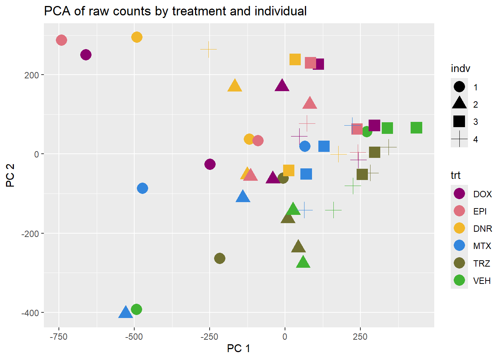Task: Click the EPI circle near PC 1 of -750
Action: point(61,40)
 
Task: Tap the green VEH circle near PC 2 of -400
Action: point(136,309)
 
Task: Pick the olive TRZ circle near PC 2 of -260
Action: point(220,258)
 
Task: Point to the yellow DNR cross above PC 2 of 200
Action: point(208,49)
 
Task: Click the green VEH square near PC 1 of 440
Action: point(416,128)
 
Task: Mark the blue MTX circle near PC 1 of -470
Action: point(142,188)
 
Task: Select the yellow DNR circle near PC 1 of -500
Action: point(137,37)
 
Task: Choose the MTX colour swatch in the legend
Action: point(459,246)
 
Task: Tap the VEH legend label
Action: point(482,281)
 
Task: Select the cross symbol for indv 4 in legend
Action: point(459,139)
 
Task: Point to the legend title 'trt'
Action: point(456,175)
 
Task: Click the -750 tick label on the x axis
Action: point(58,337)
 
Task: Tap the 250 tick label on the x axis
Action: point(360,337)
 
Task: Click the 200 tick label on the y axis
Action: point(31,75)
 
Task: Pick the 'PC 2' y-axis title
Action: point(10,175)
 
